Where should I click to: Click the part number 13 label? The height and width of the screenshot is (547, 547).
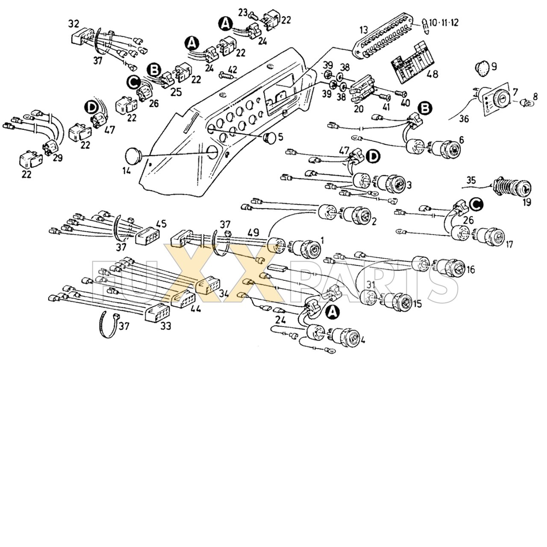click(363, 30)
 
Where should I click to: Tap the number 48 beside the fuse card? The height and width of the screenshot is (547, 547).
click(432, 74)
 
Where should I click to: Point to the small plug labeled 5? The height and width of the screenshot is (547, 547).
click(270, 137)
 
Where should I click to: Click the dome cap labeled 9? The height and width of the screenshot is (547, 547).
click(483, 67)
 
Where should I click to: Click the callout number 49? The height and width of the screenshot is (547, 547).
click(253, 232)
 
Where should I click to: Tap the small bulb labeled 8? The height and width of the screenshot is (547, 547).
click(523, 103)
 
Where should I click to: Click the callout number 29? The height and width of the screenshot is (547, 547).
click(58, 158)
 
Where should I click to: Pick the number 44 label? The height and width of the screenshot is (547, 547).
click(195, 309)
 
